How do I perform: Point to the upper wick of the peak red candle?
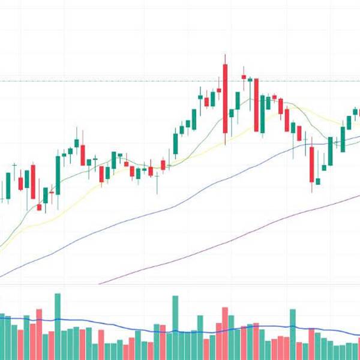(225, 59)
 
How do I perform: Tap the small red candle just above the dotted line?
(244, 77)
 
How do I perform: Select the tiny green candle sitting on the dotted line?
(250, 79)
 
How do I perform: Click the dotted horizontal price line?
(120, 81)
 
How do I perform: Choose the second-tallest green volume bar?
(175, 327)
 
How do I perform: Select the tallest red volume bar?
(225, 333)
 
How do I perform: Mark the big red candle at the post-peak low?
(311, 164)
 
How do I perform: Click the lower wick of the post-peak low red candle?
(312, 187)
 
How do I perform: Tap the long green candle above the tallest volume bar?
(58, 174)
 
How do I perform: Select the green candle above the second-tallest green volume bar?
(175, 144)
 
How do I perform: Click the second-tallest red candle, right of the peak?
(256, 105)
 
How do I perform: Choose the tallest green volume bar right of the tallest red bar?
(292, 334)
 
